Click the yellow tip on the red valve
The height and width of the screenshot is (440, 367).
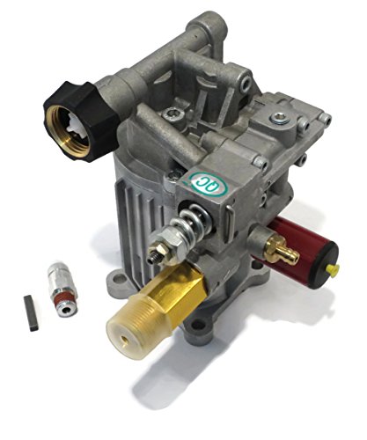click(335, 268)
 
